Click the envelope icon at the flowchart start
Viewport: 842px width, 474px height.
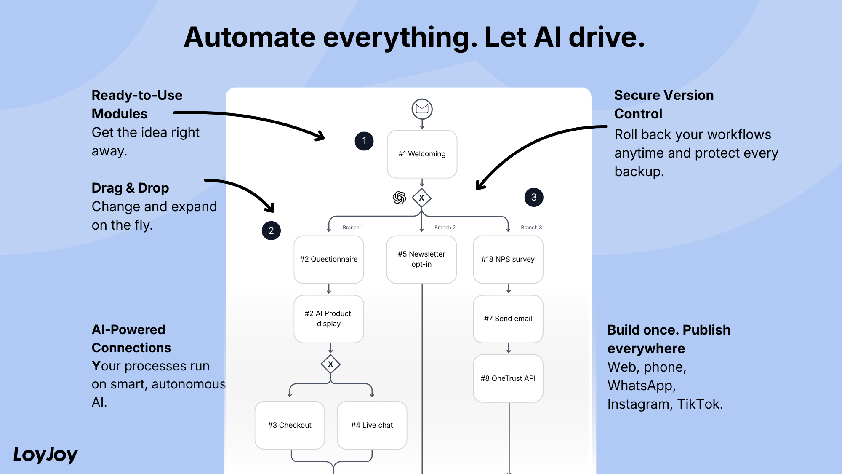pos(422,109)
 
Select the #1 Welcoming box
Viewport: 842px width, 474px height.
pos(422,154)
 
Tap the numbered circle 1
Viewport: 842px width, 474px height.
pos(364,141)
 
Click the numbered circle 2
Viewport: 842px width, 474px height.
pos(271,230)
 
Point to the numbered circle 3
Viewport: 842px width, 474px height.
pos(534,197)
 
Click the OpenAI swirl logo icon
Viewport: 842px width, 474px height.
pos(399,198)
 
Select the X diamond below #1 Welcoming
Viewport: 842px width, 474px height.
pos(421,198)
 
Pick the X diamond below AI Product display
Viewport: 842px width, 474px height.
pos(330,364)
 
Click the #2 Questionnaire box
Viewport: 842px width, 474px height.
pos(329,259)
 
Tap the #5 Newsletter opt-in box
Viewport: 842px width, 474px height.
pos(421,259)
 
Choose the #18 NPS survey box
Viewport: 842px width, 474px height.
pos(508,259)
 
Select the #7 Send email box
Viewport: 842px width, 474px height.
pos(508,319)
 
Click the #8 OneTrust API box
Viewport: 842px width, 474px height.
pos(508,378)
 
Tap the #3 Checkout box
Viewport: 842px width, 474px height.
pos(290,425)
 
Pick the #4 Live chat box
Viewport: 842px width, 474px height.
pos(372,425)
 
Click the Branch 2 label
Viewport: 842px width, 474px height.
pos(445,228)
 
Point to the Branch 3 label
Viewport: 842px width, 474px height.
pos(531,228)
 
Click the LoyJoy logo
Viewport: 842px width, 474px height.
pos(45,455)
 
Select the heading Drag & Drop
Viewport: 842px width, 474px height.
pos(131,188)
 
